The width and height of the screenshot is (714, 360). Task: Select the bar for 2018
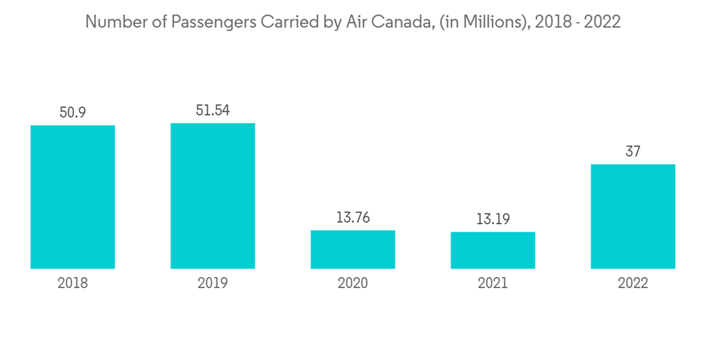point(73,197)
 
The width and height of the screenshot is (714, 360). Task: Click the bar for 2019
point(213,196)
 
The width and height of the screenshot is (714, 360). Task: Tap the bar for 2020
point(353,249)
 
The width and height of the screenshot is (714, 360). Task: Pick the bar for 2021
point(493,250)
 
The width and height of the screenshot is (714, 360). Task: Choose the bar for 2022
point(633,216)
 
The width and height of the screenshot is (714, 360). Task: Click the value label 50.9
point(73,113)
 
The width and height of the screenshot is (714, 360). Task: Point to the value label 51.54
point(213,111)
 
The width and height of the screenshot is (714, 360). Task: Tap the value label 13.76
point(353,218)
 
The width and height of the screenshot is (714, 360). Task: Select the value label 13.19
point(493,219)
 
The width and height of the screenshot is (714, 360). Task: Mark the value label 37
point(633,151)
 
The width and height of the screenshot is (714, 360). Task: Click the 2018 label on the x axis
point(73,283)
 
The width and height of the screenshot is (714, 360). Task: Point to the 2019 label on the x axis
point(213,283)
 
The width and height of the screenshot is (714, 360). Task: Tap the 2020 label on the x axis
point(353,283)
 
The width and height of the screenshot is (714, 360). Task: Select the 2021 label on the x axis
point(493,283)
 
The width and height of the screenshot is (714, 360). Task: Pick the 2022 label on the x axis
point(633,283)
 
